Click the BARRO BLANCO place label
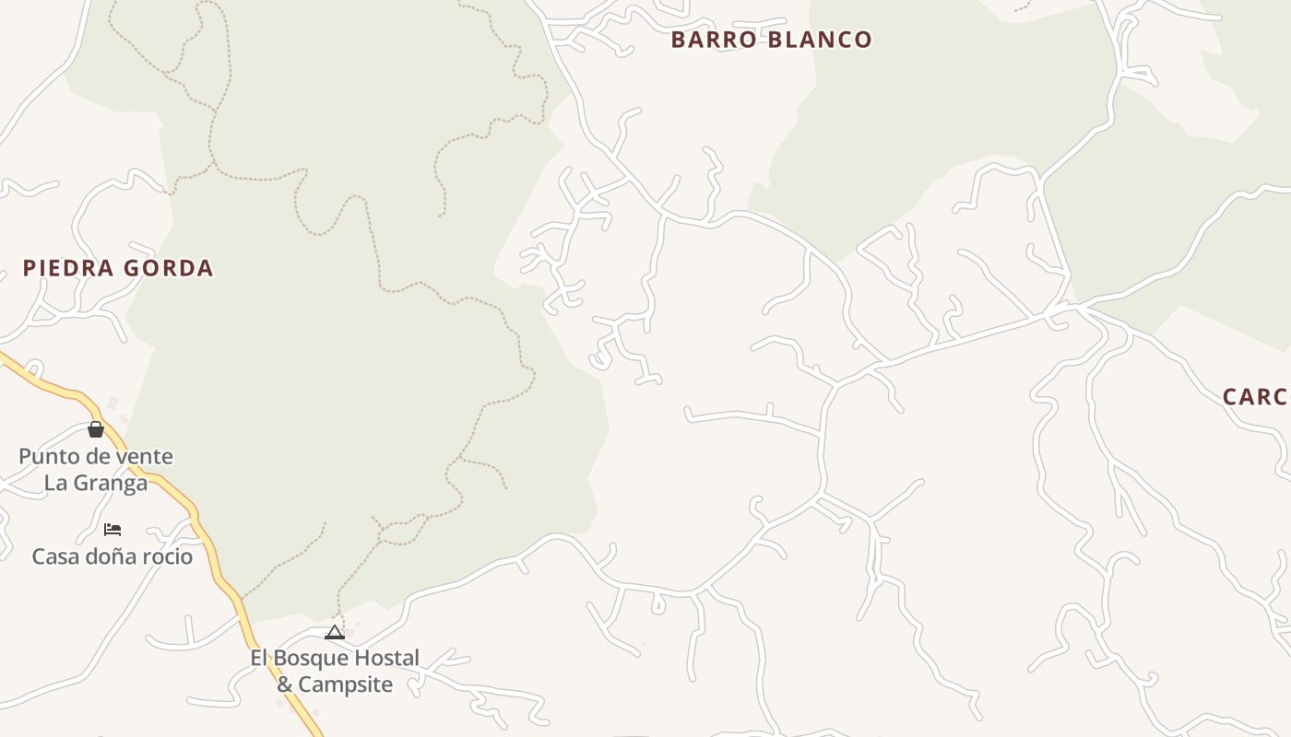click(771, 40)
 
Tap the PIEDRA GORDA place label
click(118, 268)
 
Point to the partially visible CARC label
click(1255, 397)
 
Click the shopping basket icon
click(96, 429)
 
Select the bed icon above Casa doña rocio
click(113, 530)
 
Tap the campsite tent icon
click(335, 632)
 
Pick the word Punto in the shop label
click(51, 456)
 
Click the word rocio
click(167, 556)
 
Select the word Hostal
click(383, 659)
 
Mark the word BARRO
click(705, 40)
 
